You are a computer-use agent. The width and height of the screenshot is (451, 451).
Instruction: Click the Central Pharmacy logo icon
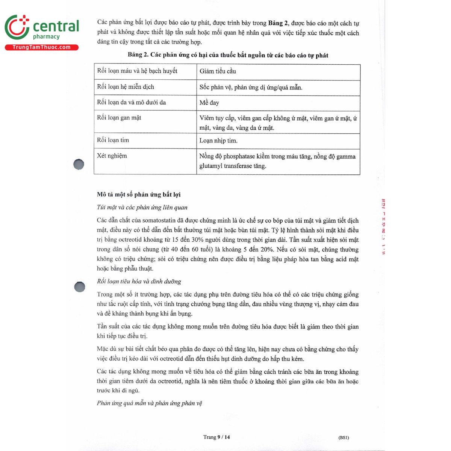tap(17, 27)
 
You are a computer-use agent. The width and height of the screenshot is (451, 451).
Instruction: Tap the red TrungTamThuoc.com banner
tap(41, 47)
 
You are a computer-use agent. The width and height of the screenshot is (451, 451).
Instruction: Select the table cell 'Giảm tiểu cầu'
tap(218, 71)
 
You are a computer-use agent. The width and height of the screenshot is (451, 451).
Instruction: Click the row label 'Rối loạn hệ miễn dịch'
tap(126, 87)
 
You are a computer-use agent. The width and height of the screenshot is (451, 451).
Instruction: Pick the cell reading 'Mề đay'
tap(209, 103)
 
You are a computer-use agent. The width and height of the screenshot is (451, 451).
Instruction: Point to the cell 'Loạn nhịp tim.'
tap(218, 141)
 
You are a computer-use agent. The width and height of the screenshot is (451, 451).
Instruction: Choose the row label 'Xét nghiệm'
tap(112, 156)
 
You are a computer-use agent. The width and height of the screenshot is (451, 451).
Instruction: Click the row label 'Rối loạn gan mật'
tap(119, 118)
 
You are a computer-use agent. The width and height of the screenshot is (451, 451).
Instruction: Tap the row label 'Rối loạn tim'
tap(113, 140)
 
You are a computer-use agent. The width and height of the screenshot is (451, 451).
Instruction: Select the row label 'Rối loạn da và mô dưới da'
tap(132, 102)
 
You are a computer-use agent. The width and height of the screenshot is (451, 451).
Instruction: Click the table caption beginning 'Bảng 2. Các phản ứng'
tap(228, 55)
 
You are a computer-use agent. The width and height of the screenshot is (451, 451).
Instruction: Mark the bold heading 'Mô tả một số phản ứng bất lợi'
tap(139, 194)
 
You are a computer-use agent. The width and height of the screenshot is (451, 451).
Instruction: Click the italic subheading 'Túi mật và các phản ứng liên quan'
tap(142, 207)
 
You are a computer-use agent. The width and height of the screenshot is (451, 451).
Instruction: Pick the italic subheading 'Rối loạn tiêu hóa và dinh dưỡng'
tap(139, 281)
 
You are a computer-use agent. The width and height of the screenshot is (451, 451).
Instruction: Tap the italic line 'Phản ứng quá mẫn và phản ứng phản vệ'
tap(150, 403)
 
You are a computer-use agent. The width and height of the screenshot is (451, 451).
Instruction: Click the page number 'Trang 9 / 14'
tap(216, 437)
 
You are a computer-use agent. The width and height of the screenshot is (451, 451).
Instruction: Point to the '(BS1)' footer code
tap(344, 437)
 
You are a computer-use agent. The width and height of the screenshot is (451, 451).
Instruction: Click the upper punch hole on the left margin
tap(79, 164)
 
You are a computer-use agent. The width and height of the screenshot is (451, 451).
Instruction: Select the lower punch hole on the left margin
tap(80, 287)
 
